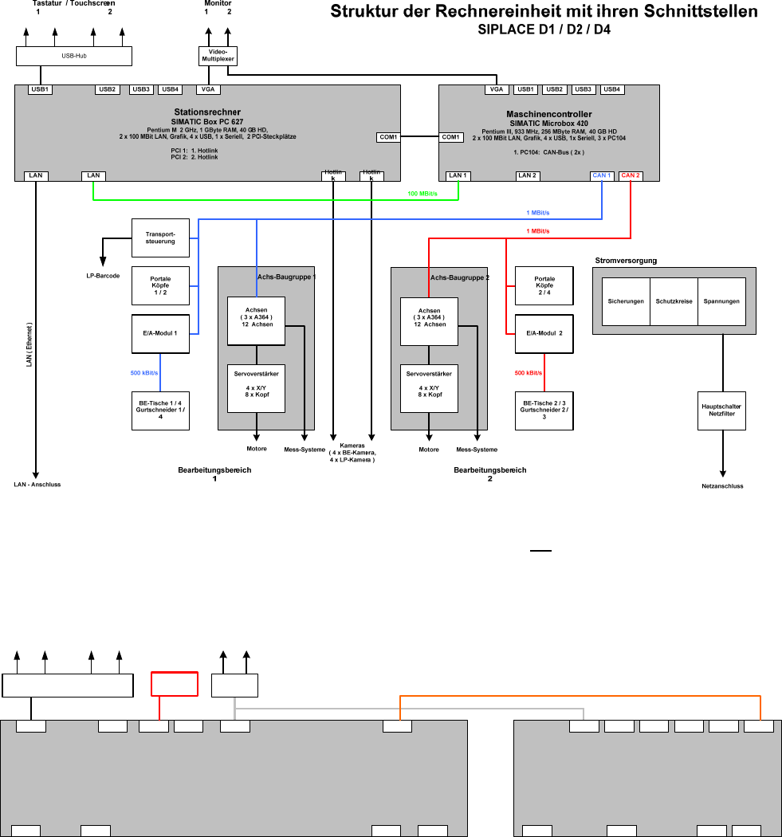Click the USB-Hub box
(74, 57)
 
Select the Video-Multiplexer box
(218, 56)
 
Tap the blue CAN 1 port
(602, 175)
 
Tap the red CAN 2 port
(631, 175)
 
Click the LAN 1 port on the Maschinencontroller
(458, 175)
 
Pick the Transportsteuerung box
(160, 238)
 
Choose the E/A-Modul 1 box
(160, 334)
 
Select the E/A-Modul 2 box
(544, 334)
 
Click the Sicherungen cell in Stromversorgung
(626, 301)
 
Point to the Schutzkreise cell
(674, 301)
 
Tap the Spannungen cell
(721, 301)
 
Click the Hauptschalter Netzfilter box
(721, 411)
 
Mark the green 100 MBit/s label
(422, 194)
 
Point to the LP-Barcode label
(103, 275)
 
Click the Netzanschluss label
(722, 486)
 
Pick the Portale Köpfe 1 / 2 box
(160, 285)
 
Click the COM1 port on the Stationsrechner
(388, 137)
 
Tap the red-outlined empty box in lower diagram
(175, 685)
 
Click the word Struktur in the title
(368, 13)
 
